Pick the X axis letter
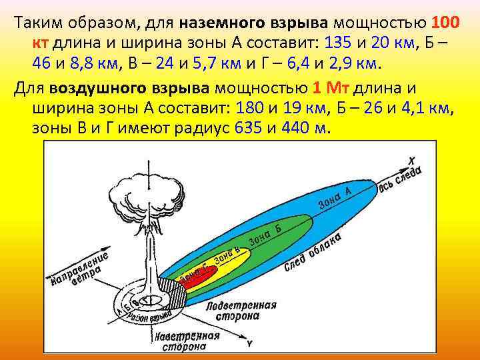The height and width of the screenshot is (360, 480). pos(412,160)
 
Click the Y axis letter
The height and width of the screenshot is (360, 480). pos(249,344)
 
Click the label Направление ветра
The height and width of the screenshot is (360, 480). pos(80,269)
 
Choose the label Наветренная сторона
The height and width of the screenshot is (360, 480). pos(186,341)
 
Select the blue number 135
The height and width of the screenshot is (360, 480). pos(338,43)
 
